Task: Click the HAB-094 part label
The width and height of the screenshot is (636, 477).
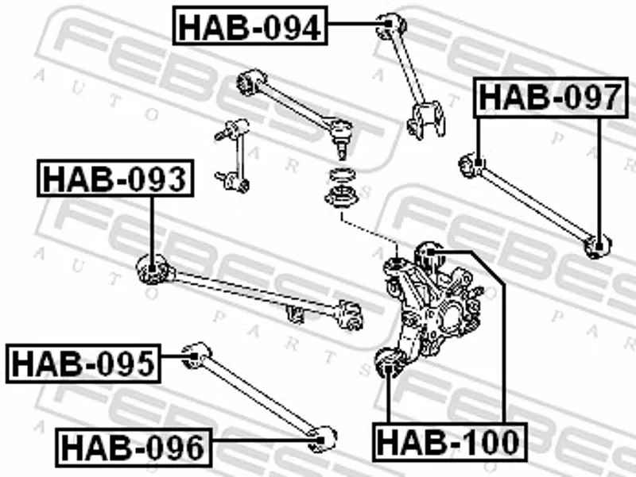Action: (250, 25)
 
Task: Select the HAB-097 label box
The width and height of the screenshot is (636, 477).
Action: (550, 98)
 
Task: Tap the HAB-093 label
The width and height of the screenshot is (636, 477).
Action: (115, 179)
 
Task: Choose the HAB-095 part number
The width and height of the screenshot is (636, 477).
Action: (83, 364)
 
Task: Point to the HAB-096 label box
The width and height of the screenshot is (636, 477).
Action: (134, 448)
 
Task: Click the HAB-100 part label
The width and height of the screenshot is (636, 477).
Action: (450, 442)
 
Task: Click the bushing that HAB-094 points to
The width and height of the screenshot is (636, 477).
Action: (390, 26)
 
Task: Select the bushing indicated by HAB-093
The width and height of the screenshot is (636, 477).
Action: (153, 268)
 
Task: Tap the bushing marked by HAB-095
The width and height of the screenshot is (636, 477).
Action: (196, 356)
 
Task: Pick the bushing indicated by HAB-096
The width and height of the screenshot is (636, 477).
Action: (323, 439)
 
